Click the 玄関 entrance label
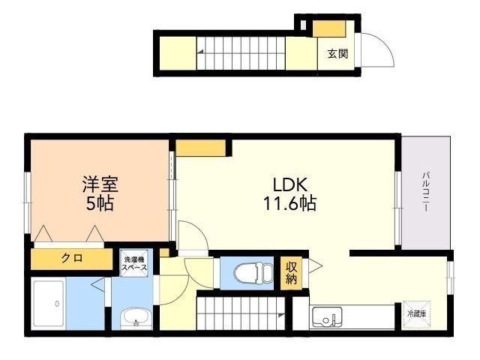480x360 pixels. tap(337, 54)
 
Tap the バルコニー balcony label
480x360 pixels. tap(425, 191)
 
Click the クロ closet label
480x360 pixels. tap(72, 259)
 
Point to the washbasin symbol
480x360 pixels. tap(136, 316)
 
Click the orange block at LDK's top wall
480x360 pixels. tap(200, 147)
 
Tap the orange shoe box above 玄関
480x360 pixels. tap(328, 28)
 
